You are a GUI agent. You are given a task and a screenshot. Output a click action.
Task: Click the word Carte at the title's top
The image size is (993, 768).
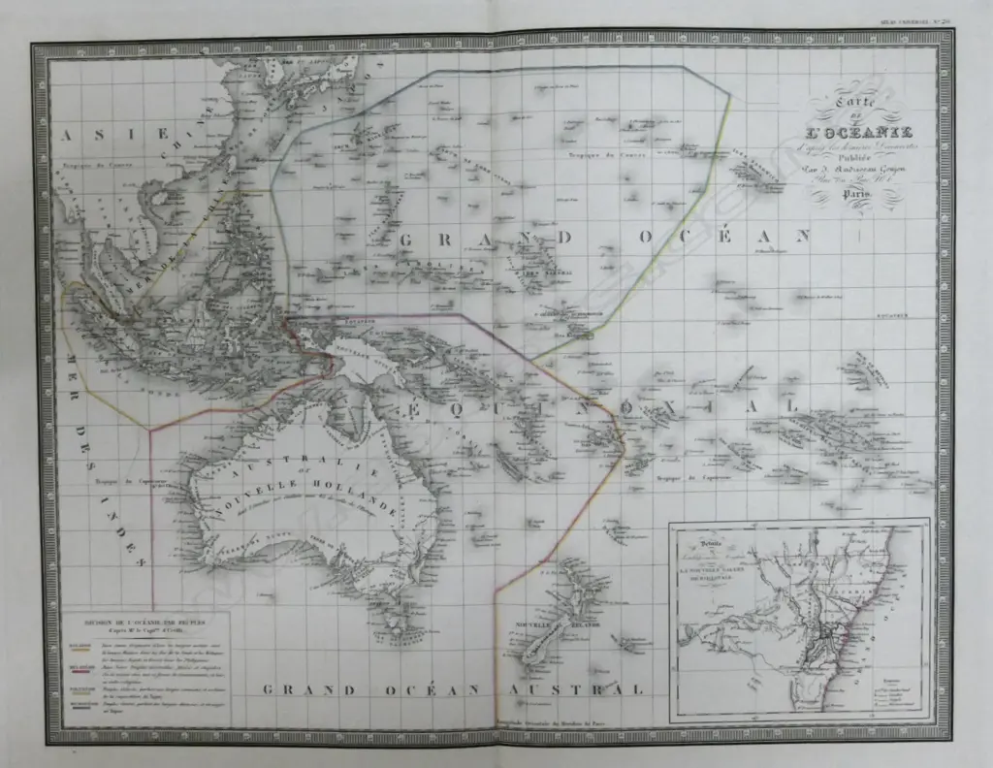tap(838, 97)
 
